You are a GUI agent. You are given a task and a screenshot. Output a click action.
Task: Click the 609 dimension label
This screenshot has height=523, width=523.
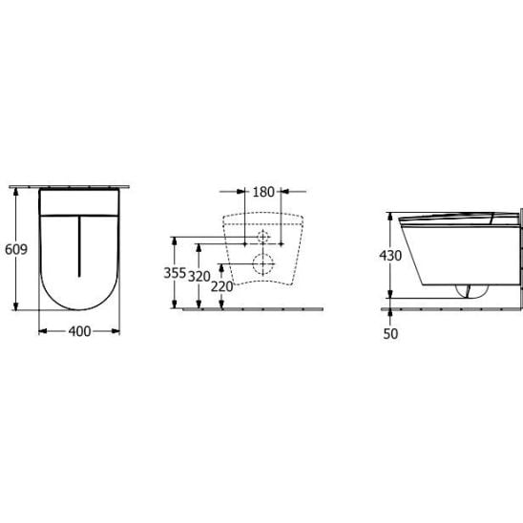coord(16,249)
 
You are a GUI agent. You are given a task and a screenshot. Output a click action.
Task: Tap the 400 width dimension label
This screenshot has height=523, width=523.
coord(79,331)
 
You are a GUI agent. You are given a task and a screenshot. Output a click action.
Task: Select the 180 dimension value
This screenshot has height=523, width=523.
coord(263,192)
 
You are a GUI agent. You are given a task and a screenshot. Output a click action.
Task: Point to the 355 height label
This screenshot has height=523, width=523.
coord(175,273)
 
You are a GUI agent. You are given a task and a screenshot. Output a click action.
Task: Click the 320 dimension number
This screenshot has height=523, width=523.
coord(199,277)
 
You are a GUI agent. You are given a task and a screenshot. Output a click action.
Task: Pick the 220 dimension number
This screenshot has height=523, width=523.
coord(221,286)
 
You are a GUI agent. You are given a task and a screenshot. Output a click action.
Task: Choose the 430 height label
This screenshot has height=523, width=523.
coord(390,256)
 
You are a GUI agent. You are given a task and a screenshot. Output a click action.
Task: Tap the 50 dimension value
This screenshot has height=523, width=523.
coord(390,334)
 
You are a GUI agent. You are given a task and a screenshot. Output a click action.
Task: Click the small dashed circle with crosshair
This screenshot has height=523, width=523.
coord(263,237)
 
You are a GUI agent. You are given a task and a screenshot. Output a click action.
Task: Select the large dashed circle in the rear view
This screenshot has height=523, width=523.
coord(263,263)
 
